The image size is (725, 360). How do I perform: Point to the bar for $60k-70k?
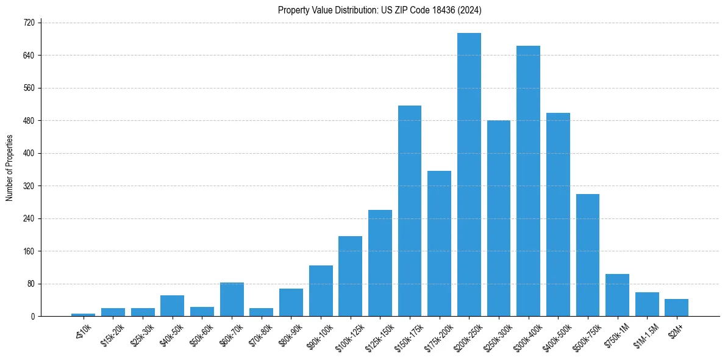click(x=232, y=299)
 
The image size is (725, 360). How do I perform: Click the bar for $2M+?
click(x=677, y=308)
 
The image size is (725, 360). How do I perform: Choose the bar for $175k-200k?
click(x=439, y=243)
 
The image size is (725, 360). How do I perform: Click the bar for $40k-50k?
click(x=172, y=306)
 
